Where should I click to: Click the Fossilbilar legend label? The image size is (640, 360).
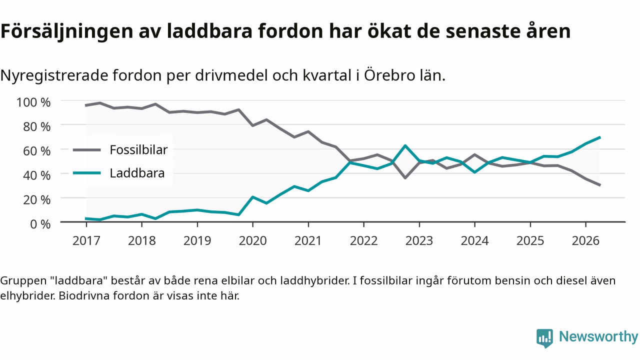[x=138, y=150]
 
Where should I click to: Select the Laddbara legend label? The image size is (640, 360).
[x=137, y=173]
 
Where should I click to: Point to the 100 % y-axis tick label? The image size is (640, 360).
[x=33, y=102]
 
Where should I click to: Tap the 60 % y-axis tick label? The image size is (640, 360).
[x=36, y=151]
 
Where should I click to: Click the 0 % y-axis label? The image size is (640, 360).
[x=40, y=224]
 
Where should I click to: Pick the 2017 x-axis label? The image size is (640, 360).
[x=86, y=241]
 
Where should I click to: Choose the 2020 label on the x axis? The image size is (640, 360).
[x=252, y=241]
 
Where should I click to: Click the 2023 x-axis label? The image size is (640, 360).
[x=419, y=241]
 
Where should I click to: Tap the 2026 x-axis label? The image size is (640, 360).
[x=585, y=241]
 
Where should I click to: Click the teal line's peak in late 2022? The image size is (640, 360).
[x=405, y=145]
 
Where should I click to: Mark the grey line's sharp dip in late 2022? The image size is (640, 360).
[x=405, y=178]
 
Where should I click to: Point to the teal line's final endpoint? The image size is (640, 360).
[x=599, y=137]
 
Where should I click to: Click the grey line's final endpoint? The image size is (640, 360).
[x=599, y=185]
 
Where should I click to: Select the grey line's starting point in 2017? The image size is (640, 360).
[x=86, y=105]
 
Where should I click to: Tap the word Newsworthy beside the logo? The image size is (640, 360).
[x=598, y=336]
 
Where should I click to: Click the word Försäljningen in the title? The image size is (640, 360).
[x=67, y=31]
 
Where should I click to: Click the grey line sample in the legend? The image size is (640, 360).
[x=87, y=150]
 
